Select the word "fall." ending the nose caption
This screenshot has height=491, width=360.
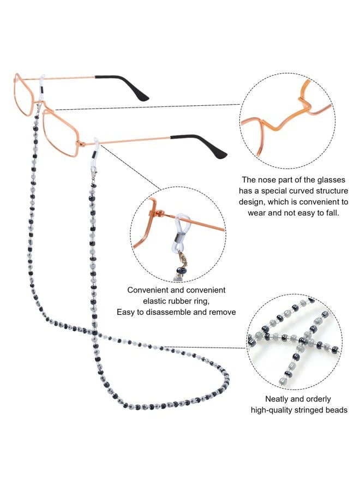click(332, 213)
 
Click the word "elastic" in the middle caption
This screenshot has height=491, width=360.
click(155, 301)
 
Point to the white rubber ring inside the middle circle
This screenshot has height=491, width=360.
click(182, 230)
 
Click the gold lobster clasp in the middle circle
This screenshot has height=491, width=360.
click(182, 258)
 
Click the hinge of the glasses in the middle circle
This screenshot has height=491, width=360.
click(160, 214)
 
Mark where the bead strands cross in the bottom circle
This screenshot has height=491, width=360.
click(303, 340)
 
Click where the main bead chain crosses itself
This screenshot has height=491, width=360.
click(94, 332)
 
